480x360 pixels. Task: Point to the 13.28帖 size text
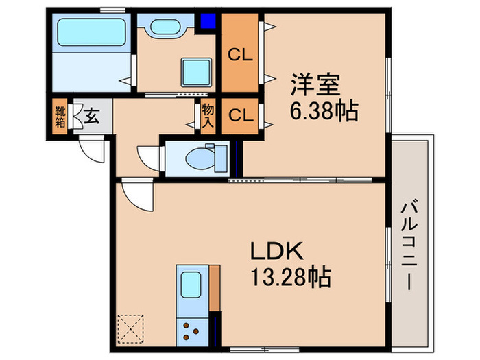pos(289,278)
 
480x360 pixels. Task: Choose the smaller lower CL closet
pos(241,115)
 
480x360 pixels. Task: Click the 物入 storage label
pos(207,116)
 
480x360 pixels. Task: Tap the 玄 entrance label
pos(91,117)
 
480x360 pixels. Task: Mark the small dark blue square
pos(206,21)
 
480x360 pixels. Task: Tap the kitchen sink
pos(189,284)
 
